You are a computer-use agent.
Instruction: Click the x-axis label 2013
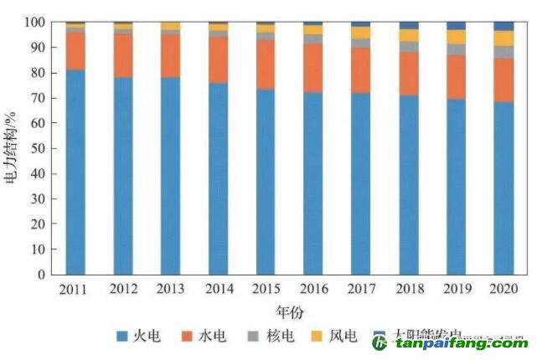170,289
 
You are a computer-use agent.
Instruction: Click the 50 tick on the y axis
40,149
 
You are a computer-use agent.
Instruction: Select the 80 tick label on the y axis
40,73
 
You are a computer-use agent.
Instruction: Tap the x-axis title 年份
289,310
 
